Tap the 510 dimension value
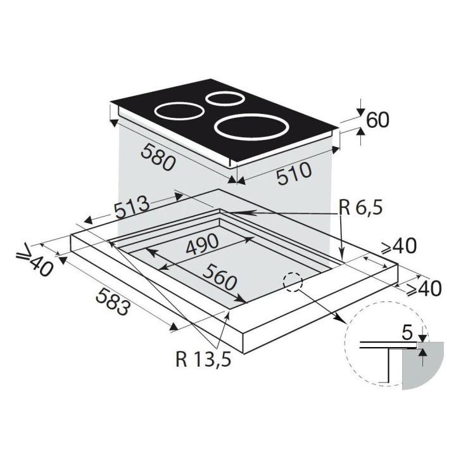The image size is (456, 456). [x=294, y=174]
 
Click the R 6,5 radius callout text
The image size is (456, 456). [x=360, y=208]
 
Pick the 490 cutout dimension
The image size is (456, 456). [x=203, y=244]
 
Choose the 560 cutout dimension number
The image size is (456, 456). [x=219, y=277]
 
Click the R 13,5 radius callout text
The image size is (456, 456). [x=203, y=359]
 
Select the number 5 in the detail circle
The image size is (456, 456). [x=407, y=333]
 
